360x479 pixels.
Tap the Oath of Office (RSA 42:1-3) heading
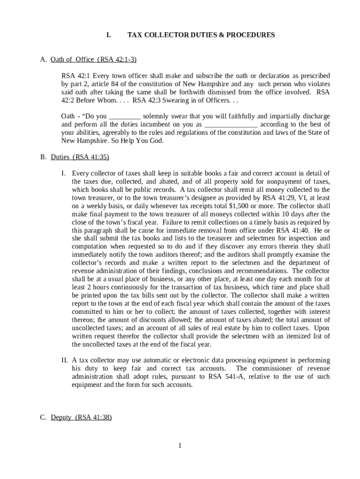[93, 59]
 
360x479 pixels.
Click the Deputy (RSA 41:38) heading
[81, 417]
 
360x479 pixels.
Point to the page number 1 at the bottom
[180, 445]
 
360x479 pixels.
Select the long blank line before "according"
[231, 124]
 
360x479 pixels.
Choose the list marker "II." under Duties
[65, 360]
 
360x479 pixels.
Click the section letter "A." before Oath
[43, 59]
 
